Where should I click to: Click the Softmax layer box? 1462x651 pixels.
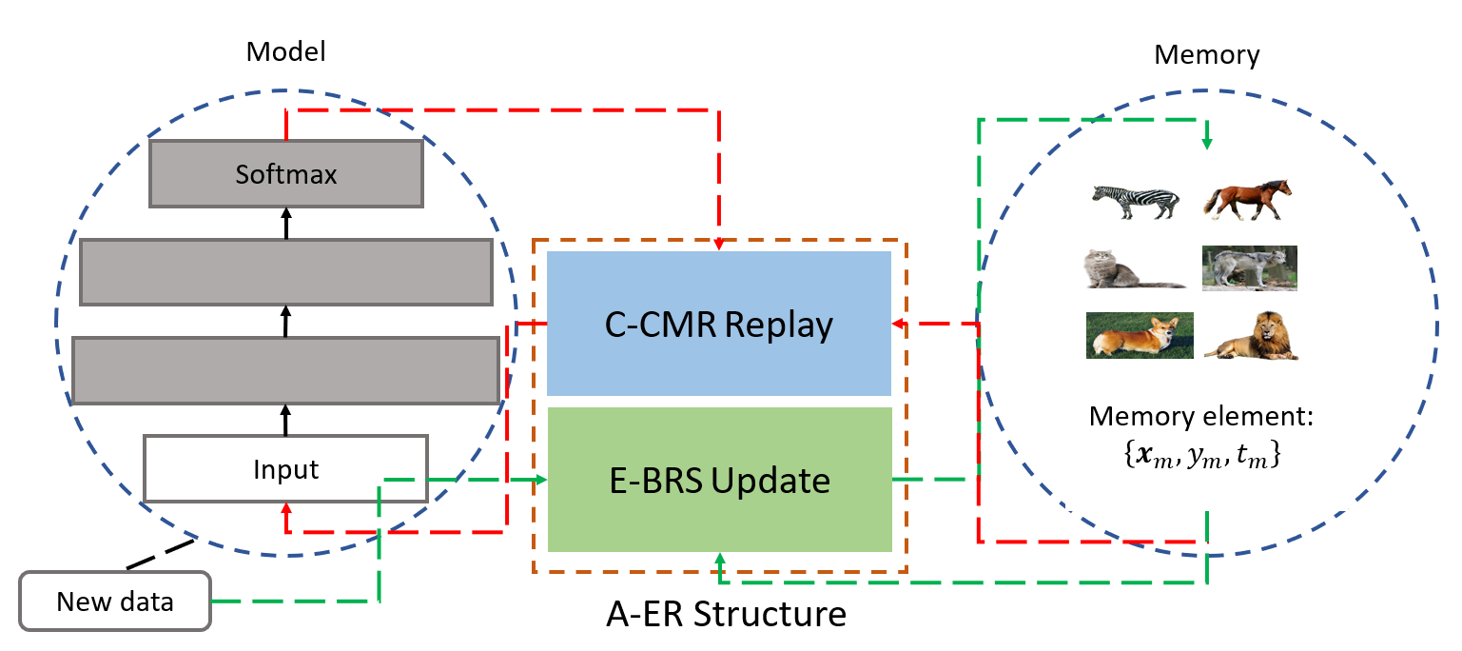pyautogui.click(x=285, y=174)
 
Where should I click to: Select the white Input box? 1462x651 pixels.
pyautogui.click(x=285, y=468)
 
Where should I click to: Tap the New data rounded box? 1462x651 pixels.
pyautogui.click(x=114, y=602)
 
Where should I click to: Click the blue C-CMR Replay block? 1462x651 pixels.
pyautogui.click(x=718, y=325)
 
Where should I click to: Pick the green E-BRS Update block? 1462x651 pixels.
pyautogui.click(x=718, y=481)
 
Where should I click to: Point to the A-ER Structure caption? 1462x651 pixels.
pyautogui.click(x=726, y=614)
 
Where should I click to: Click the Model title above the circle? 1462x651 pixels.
pyautogui.click(x=285, y=51)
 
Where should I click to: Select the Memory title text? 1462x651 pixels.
pyautogui.click(x=1206, y=55)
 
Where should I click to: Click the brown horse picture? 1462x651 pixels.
pyautogui.click(x=1248, y=200)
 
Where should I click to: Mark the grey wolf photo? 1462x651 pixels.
pyautogui.click(x=1249, y=268)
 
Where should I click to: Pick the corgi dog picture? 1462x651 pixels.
pyautogui.click(x=1139, y=336)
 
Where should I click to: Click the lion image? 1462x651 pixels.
pyautogui.click(x=1252, y=339)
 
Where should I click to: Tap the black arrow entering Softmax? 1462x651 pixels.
pyautogui.click(x=285, y=216)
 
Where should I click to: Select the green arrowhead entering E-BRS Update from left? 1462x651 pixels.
pyautogui.click(x=542, y=480)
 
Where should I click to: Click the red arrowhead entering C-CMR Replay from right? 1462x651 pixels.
pyautogui.click(x=898, y=324)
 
